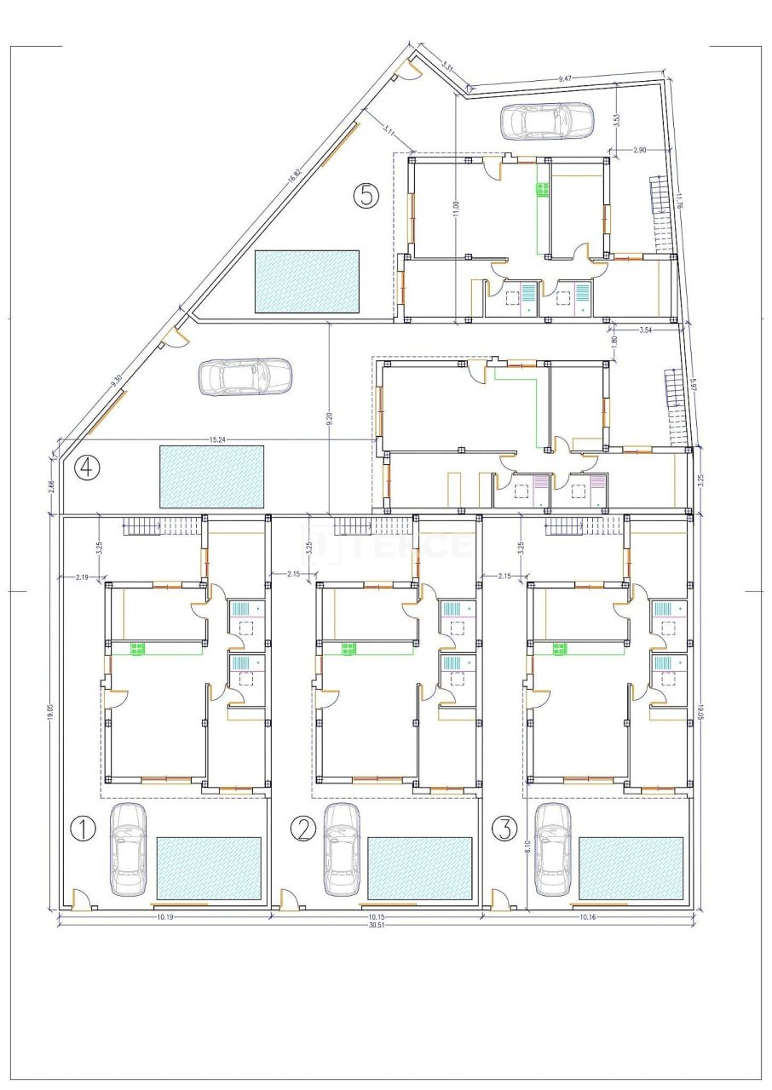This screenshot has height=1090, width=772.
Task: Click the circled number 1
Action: pyautogui.click(x=82, y=829)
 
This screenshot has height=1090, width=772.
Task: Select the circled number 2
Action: pyautogui.click(x=302, y=829)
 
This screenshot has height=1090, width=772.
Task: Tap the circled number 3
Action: pyautogui.click(x=505, y=828)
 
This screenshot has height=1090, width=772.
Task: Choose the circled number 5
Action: pyautogui.click(x=366, y=196)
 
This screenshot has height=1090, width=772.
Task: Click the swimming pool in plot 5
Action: pyautogui.click(x=307, y=281)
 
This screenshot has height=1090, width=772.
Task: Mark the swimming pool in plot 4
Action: pyautogui.click(x=211, y=474)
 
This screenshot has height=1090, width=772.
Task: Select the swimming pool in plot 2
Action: pyautogui.click(x=420, y=868)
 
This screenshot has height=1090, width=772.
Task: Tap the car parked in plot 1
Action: pyautogui.click(x=128, y=849)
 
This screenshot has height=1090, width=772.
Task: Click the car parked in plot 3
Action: pyautogui.click(x=553, y=849)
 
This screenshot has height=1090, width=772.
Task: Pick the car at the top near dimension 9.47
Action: pyautogui.click(x=546, y=121)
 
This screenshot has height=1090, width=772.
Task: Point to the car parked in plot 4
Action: pyautogui.click(x=245, y=376)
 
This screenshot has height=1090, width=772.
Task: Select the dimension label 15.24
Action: pyautogui.click(x=222, y=439)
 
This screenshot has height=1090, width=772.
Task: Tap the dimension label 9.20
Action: pyautogui.click(x=328, y=419)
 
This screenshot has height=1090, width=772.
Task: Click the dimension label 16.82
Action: pyautogui.click(x=294, y=173)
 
